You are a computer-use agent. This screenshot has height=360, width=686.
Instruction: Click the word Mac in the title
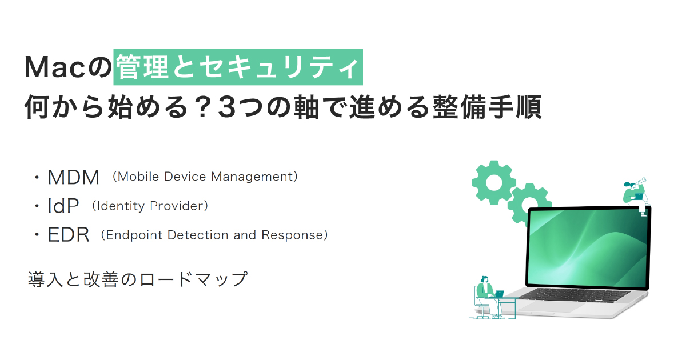point(54,67)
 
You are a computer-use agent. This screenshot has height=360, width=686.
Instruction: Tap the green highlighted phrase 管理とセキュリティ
point(238,67)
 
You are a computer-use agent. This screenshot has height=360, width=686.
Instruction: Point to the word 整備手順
point(487,107)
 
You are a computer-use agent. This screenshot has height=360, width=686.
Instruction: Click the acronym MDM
point(74,177)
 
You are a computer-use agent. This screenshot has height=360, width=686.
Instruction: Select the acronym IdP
point(63,206)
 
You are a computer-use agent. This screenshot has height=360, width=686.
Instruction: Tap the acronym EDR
point(69,235)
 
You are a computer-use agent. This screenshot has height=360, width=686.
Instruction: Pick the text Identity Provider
point(150,206)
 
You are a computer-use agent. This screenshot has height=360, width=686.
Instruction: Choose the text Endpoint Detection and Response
point(214,235)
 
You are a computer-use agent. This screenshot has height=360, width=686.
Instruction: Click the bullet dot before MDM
point(37,177)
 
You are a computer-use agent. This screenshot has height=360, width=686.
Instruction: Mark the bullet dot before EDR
point(37,235)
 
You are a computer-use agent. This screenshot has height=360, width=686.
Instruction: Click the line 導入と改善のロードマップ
point(138,279)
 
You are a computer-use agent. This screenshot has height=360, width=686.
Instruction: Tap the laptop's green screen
point(588,248)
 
